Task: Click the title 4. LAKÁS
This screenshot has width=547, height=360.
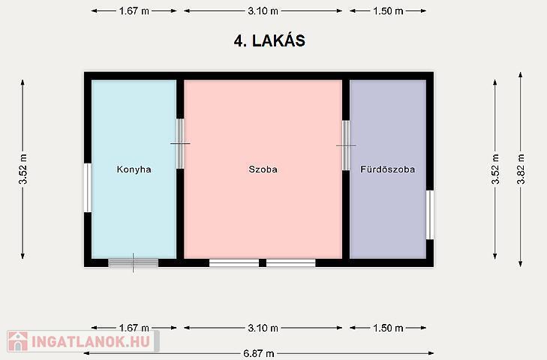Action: tap(269, 40)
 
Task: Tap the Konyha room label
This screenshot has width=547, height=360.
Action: tap(134, 169)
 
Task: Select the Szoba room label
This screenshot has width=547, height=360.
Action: tap(263, 169)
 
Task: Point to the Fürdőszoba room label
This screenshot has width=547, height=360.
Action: tap(388, 169)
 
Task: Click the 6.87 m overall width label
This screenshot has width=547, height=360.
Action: tap(259, 354)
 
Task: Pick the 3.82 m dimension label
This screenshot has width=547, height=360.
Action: tap(521, 169)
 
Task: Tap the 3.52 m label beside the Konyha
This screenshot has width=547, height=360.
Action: tap(23, 169)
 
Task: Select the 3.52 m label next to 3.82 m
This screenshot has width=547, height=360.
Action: tap(495, 169)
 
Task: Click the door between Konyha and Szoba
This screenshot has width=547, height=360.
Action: tap(180, 143)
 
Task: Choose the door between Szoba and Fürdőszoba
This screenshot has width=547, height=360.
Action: tap(346, 145)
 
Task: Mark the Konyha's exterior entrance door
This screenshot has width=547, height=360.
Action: tap(134, 262)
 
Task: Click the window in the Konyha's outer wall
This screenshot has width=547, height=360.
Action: tap(88, 187)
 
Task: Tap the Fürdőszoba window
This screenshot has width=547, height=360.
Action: tap(430, 215)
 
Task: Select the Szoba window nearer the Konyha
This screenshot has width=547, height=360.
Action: tap(234, 262)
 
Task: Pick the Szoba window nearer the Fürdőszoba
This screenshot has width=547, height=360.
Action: tap(291, 262)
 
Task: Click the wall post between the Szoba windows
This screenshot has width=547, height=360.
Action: tap(263, 262)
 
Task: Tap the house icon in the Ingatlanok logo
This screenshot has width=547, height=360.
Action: tap(18, 341)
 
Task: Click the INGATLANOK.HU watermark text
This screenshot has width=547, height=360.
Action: tap(91, 341)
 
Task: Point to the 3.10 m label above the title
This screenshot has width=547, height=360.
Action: tap(263, 11)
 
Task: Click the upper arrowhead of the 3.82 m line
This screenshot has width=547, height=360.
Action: tap(521, 75)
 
